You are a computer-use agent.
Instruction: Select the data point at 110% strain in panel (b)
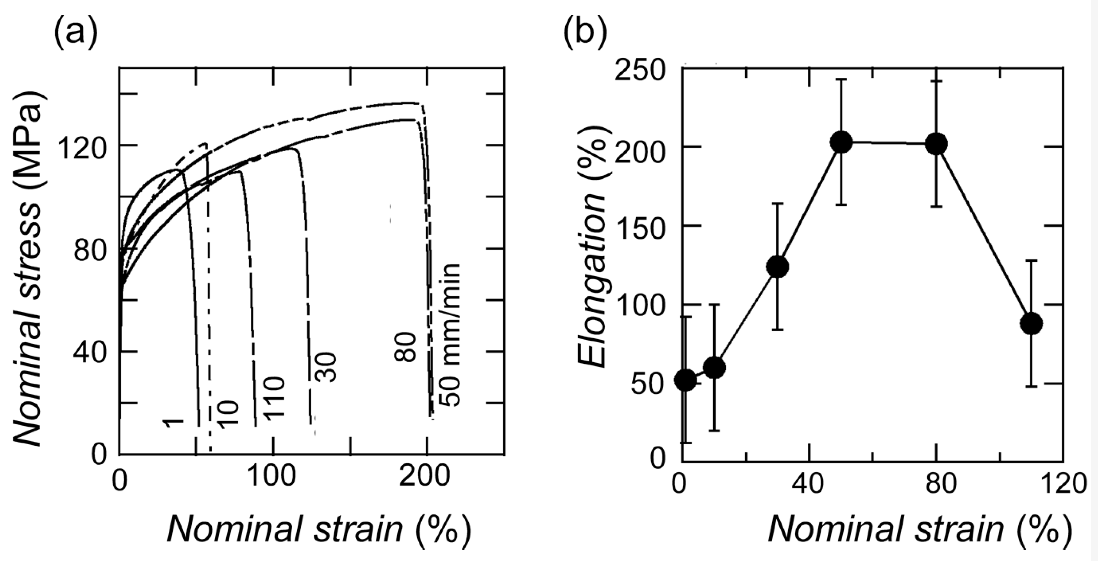point(1031,323)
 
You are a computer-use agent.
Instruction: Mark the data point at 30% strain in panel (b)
point(777,266)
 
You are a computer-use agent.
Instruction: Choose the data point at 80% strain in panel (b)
point(936,144)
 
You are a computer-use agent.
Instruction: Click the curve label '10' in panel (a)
point(228,413)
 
